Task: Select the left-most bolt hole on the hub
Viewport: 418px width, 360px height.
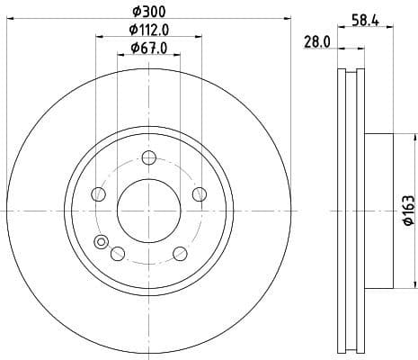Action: (x=99, y=195)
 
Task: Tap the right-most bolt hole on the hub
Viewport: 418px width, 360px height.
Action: (x=199, y=195)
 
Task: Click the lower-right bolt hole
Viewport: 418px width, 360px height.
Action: (x=180, y=253)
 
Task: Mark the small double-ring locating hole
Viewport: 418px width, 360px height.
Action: (x=101, y=241)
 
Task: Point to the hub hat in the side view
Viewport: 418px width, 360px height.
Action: (x=380, y=209)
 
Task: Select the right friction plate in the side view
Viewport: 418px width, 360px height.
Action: (x=360, y=209)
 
